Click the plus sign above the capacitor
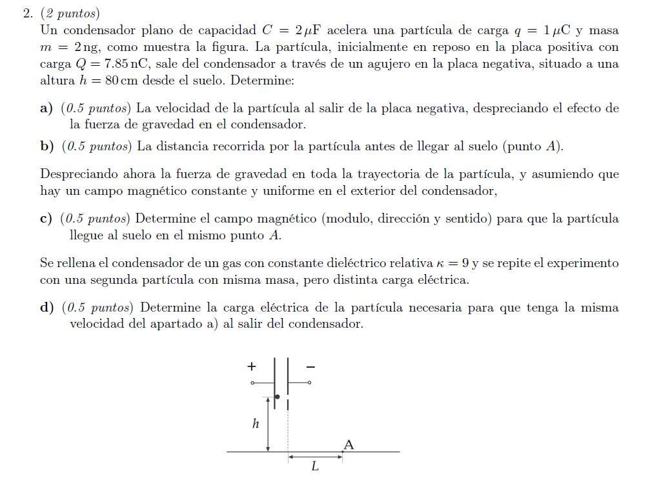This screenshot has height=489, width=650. tap(252, 366)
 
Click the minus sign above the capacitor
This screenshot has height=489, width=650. tap(310, 366)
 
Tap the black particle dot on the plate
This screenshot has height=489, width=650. tap(277, 397)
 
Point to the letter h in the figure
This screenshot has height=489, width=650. tap(256, 424)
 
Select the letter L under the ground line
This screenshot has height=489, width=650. tap(315, 466)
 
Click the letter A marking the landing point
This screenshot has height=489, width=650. tap(349, 444)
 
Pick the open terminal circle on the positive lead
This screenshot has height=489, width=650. tap(253, 383)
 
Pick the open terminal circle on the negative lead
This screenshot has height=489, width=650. tap(309, 383)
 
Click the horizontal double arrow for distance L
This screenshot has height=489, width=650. tap(315, 456)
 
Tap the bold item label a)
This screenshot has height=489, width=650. tap(46, 108)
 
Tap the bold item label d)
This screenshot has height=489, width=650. tap(46, 308)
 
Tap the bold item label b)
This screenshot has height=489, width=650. tap(46, 146)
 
